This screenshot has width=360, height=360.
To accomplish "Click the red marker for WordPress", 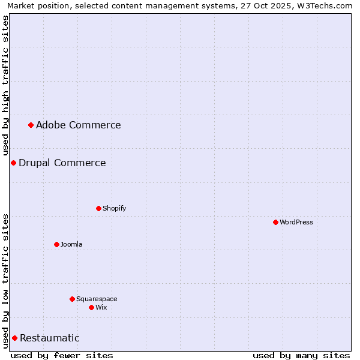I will pos(275,222).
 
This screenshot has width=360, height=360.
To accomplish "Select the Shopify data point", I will pos(98,208).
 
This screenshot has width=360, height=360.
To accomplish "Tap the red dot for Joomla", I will pos(56,244).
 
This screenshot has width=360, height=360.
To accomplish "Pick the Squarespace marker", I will pos(72,299).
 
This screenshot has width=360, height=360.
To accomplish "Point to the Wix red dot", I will pos(91,307).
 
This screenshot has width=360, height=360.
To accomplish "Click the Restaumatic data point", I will pos(14,338).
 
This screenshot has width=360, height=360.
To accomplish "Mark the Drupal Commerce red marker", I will pos(13,163).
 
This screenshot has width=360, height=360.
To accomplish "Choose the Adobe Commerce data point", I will pos(31,125).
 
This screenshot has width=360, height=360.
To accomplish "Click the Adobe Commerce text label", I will pos(78,125).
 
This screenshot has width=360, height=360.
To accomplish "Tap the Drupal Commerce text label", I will pos(62,163).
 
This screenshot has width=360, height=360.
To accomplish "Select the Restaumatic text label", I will pos(49,338).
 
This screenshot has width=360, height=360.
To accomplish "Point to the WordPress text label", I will pos(296,222).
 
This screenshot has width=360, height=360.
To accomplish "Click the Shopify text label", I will pos(114,208).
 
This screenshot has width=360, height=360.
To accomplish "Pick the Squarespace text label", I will pos(97,299).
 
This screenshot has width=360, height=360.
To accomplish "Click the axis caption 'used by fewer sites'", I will pos(62,355).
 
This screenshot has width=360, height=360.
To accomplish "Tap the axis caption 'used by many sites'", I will pos(301,355).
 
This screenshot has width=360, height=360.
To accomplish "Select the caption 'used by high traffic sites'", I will pos(5,86).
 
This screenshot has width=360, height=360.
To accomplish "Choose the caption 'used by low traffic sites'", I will pos(5,281).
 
